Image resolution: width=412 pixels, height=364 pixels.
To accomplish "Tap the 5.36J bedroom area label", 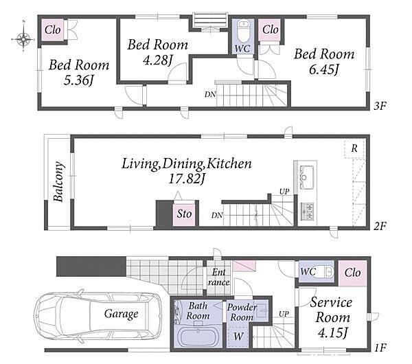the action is click(x=78, y=80).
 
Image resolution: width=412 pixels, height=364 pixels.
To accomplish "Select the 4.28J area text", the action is click(x=157, y=60).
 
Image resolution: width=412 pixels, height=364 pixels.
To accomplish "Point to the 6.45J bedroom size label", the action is click(x=323, y=69).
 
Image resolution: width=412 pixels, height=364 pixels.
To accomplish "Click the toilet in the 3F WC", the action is click(x=244, y=31).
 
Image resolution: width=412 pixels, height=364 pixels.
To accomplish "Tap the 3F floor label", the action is click(x=380, y=106).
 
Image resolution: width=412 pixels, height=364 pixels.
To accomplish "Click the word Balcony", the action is click(x=58, y=181).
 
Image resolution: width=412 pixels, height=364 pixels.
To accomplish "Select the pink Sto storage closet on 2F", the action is click(x=184, y=214).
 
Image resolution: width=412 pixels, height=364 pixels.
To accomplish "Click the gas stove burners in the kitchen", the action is click(x=308, y=212).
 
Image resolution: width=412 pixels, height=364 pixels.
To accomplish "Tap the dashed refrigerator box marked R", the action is click(x=354, y=148).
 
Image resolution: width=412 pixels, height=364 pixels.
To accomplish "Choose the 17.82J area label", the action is click(x=186, y=179).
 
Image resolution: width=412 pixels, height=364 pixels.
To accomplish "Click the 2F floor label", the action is click(x=380, y=225).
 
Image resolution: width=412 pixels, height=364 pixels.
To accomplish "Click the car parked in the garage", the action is click(x=98, y=315).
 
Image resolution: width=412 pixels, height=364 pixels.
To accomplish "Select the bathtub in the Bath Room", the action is click(x=198, y=337).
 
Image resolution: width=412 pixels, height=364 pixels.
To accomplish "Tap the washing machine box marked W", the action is click(x=238, y=337).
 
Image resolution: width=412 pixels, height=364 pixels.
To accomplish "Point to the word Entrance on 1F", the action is click(x=218, y=277).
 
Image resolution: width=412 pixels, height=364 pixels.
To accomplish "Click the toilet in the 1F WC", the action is click(x=326, y=272).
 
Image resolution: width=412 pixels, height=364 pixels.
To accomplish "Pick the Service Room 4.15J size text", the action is click(x=332, y=333).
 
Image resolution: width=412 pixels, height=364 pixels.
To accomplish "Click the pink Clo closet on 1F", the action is click(x=352, y=273).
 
